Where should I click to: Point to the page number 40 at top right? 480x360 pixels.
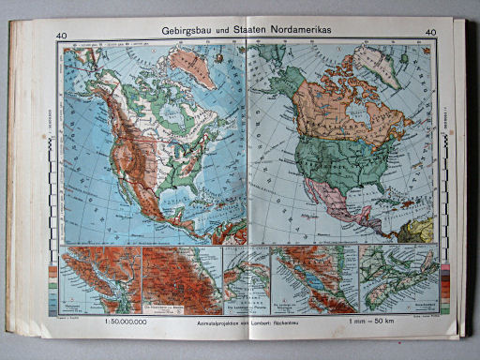pos(431,36)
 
